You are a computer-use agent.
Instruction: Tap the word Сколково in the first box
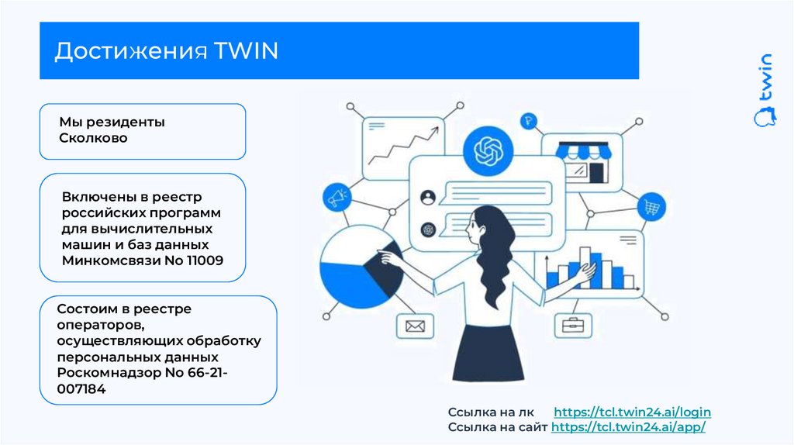click(x=93, y=138)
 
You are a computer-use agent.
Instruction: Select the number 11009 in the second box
click(x=205, y=260)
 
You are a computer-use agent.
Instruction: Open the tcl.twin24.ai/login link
click(x=632, y=412)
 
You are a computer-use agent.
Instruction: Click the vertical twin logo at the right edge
click(x=765, y=88)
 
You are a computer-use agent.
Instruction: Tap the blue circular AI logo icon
click(x=488, y=150)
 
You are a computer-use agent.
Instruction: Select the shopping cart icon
click(x=651, y=206)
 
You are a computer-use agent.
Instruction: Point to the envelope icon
click(x=414, y=326)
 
